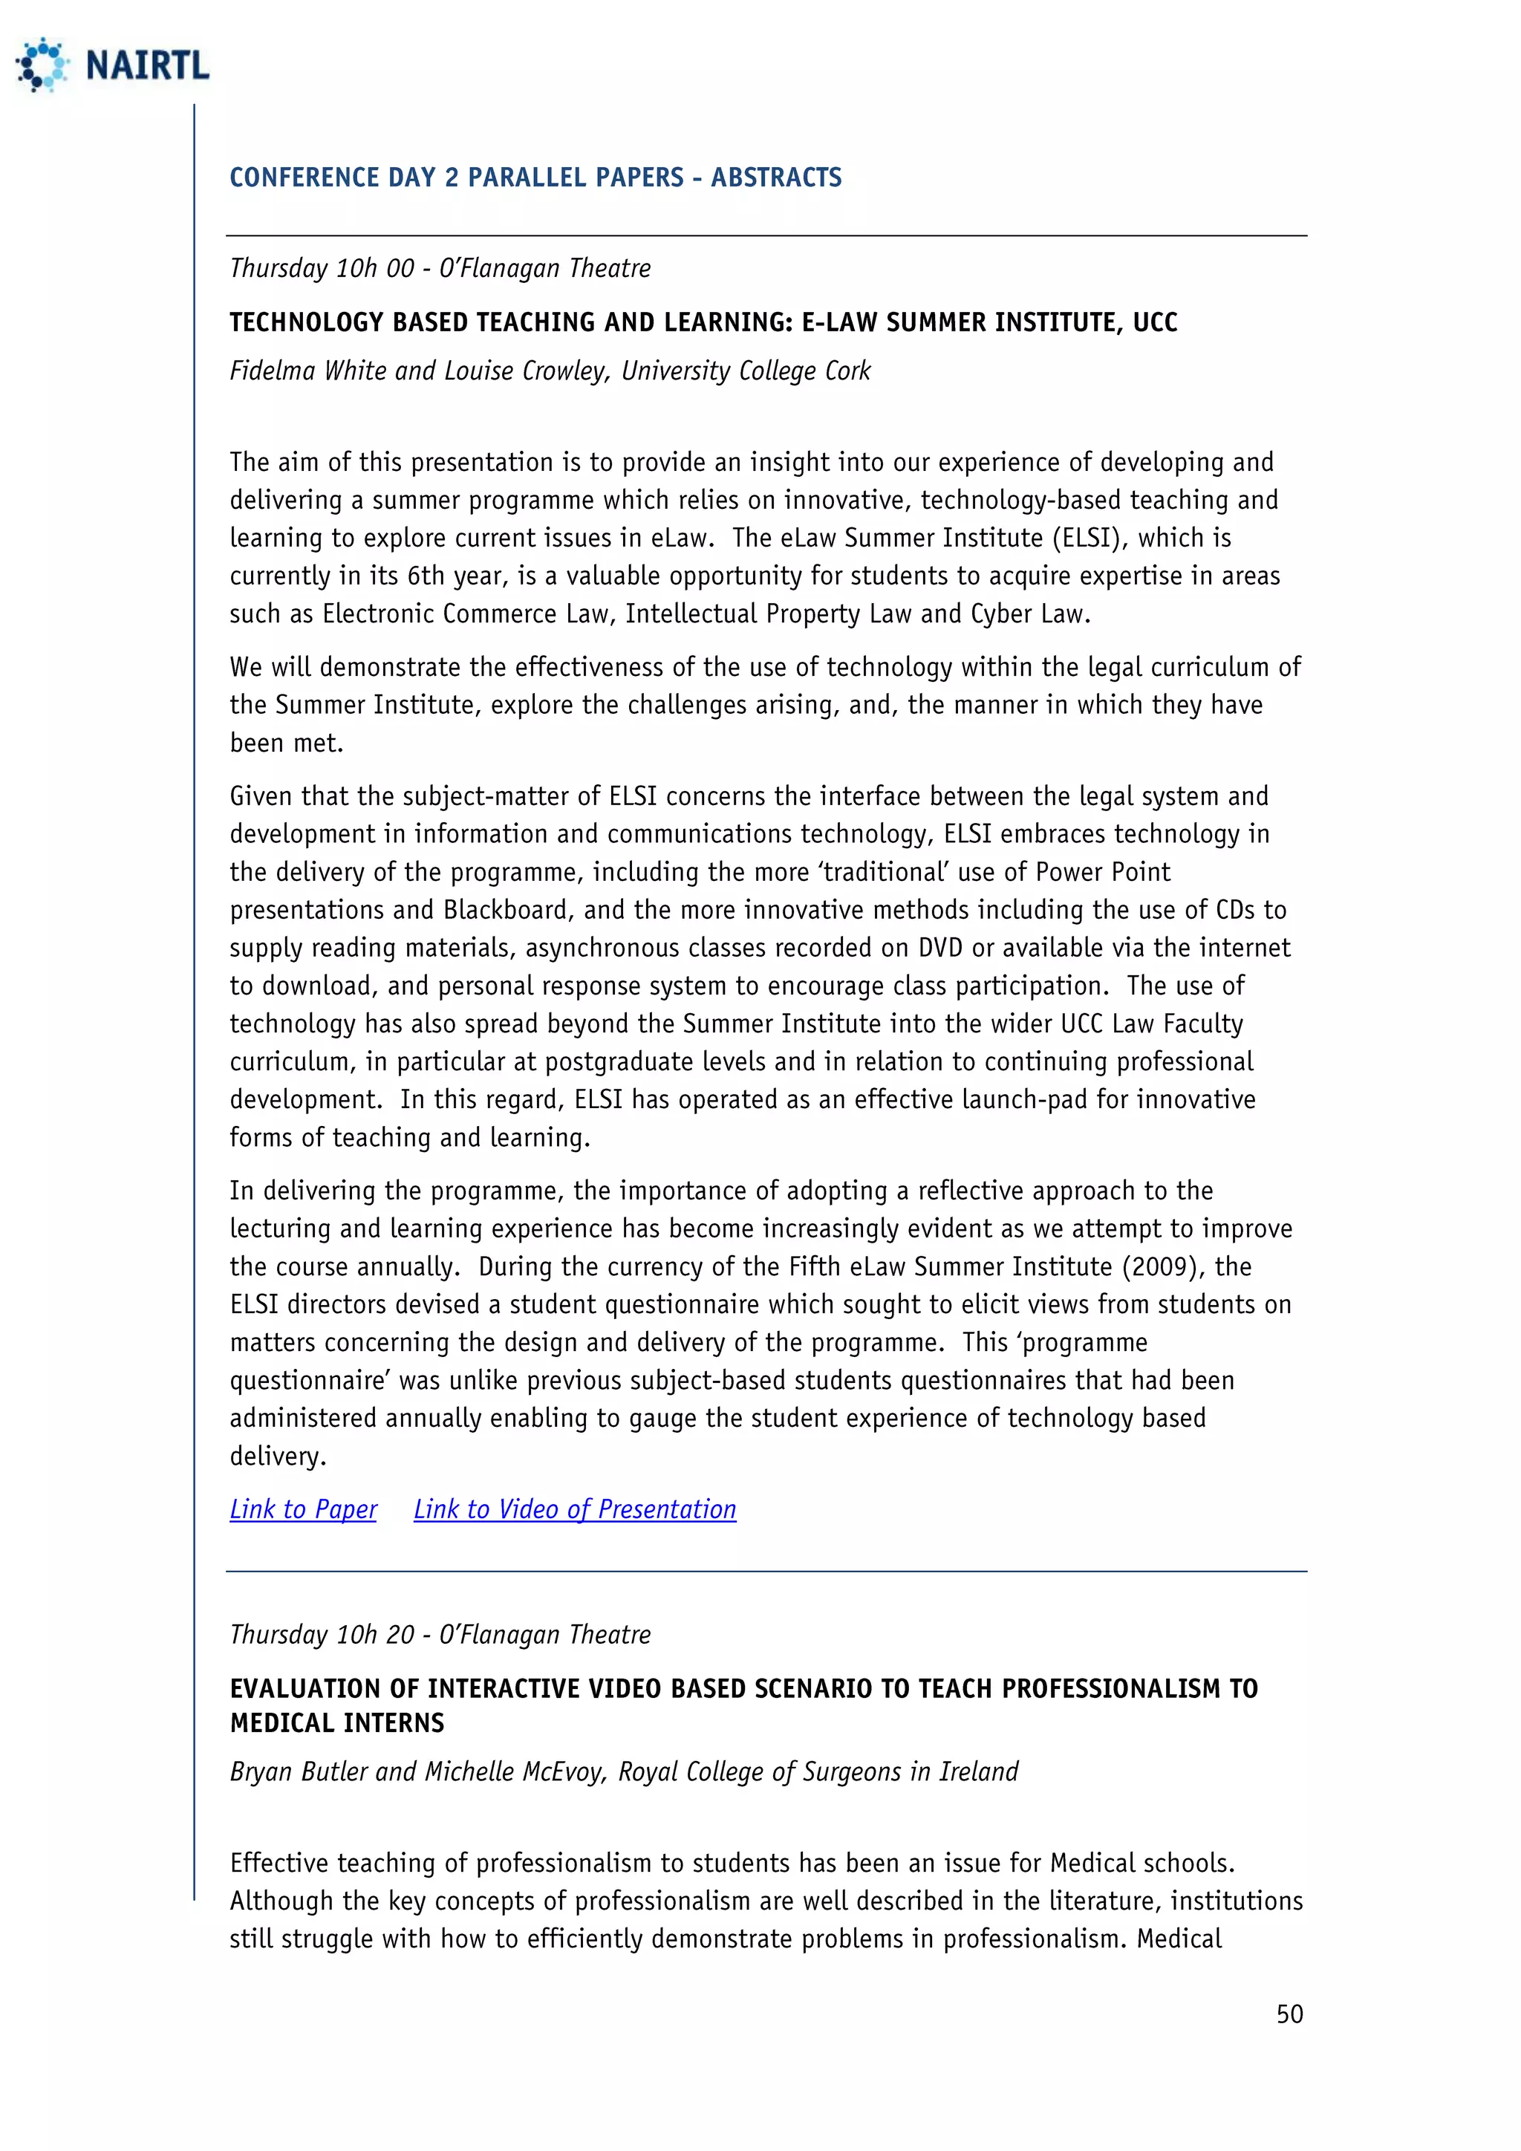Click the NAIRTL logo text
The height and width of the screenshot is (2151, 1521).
click(x=147, y=65)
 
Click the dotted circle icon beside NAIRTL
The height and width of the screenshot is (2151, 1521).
click(x=42, y=65)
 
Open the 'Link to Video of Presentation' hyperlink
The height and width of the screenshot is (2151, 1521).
click(x=574, y=1509)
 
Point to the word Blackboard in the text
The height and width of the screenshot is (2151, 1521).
click(x=507, y=910)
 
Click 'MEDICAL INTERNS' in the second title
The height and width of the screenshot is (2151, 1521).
click(x=337, y=1723)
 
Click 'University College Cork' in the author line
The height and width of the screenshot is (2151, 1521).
click(x=746, y=371)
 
